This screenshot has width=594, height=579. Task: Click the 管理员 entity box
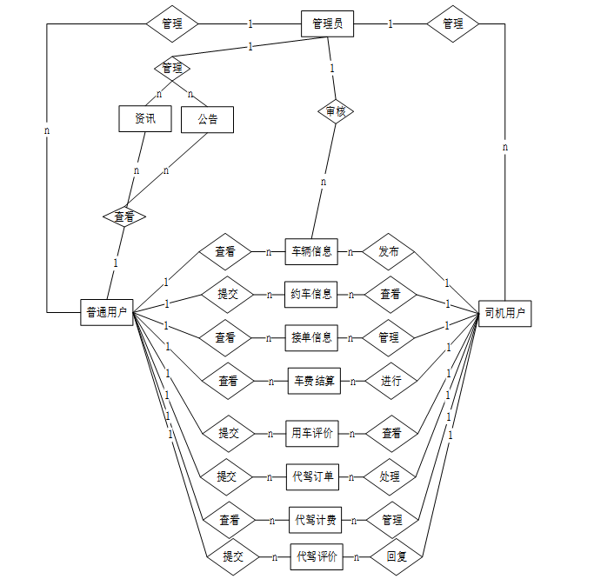(327, 24)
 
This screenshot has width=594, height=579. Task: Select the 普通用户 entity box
(107, 312)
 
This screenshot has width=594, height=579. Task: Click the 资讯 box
(145, 119)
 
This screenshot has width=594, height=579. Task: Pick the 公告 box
(207, 119)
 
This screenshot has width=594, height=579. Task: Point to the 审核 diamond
(335, 111)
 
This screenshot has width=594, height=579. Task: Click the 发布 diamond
(389, 251)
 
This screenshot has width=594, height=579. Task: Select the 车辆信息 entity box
(311, 251)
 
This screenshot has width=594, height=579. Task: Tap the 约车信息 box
(311, 294)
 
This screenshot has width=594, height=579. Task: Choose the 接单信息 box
(311, 337)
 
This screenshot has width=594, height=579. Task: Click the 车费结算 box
(314, 381)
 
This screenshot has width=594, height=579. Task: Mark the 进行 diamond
(390, 381)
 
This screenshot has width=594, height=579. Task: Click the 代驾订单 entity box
(312, 476)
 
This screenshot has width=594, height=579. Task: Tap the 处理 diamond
(390, 476)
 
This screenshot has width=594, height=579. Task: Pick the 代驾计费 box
(315, 520)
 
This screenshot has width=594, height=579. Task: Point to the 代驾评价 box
(317, 556)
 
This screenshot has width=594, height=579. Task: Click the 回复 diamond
(396, 556)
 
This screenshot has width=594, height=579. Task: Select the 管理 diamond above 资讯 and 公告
(172, 67)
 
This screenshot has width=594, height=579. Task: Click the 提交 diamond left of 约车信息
(228, 294)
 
